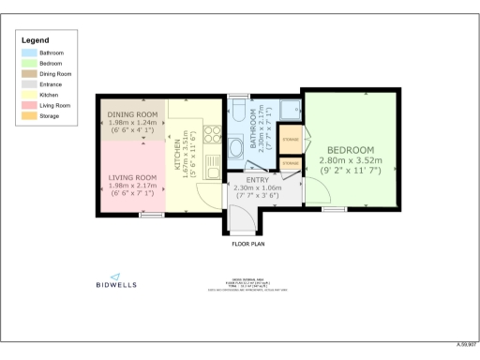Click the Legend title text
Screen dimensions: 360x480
click(36, 40)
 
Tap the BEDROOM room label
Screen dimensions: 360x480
click(351, 150)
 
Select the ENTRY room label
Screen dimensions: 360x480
click(257, 180)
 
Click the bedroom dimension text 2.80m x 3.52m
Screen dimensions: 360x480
click(351, 161)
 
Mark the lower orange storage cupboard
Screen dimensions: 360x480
click(291, 164)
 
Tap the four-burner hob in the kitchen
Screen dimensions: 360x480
click(213, 133)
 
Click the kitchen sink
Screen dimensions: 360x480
click(213, 172)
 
